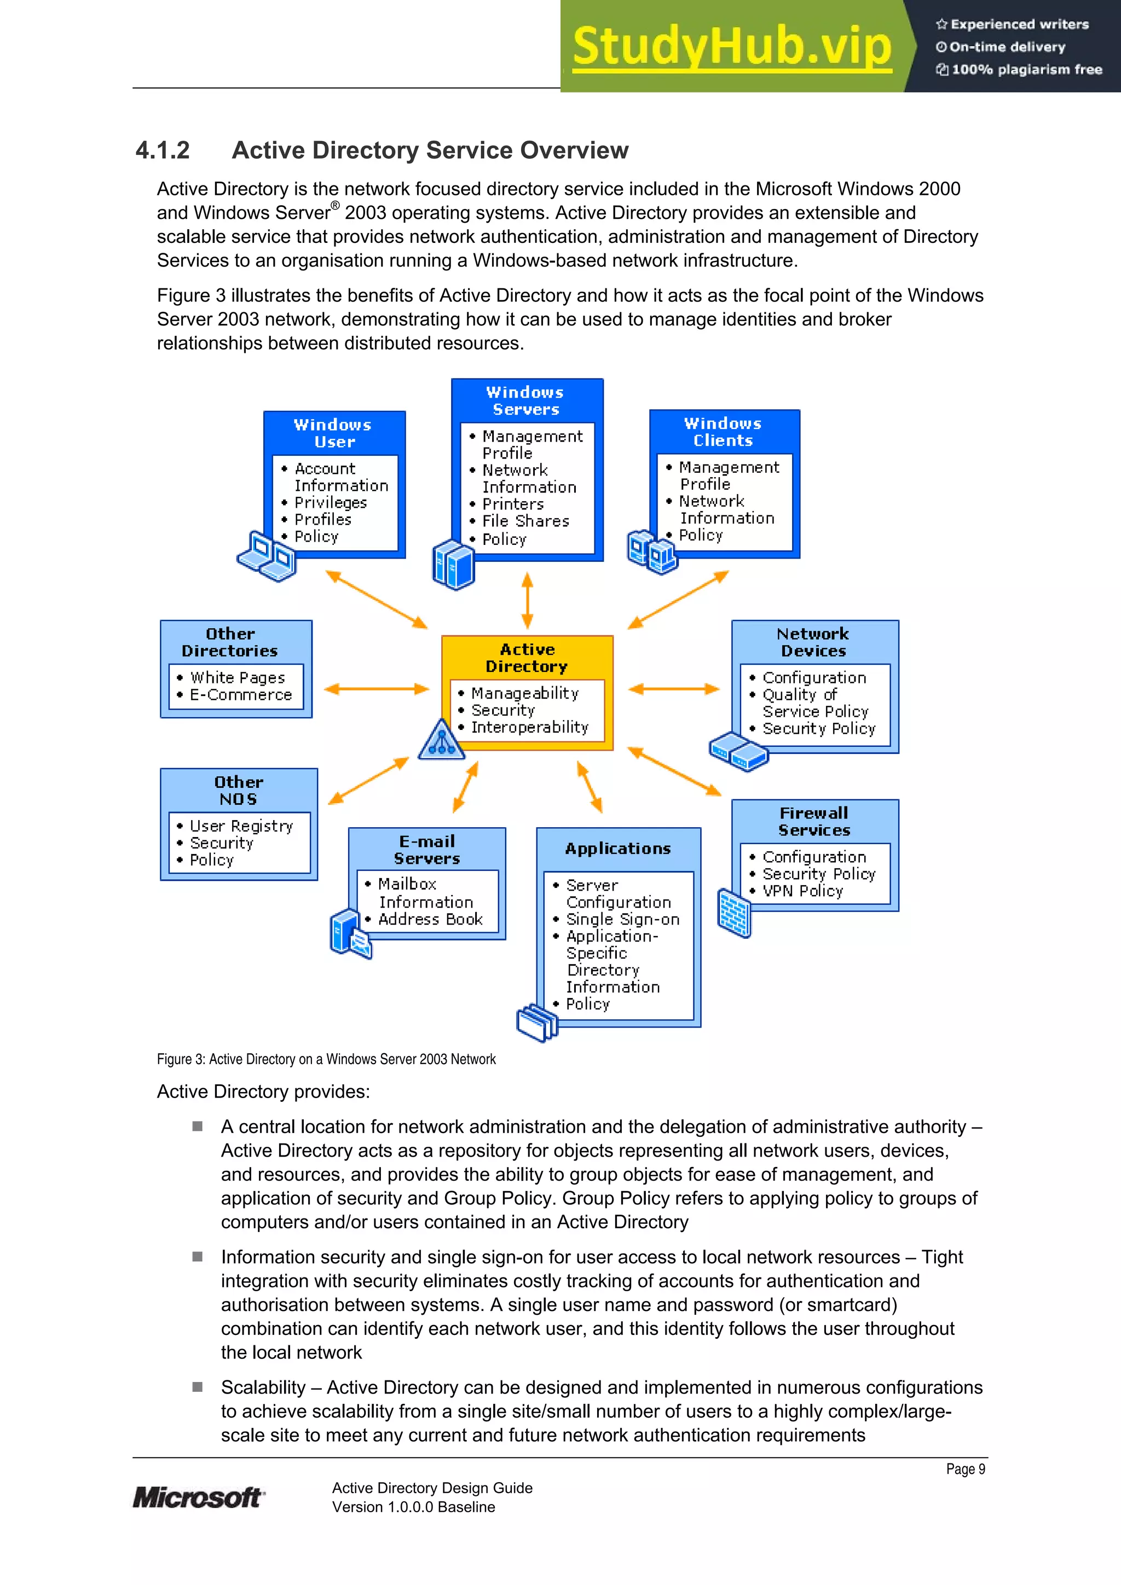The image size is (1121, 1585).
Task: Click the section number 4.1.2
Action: coord(163,150)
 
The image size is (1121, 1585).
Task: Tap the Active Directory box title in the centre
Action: coord(527,658)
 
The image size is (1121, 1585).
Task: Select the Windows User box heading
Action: coord(333,433)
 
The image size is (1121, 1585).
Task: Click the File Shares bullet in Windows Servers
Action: coord(525,521)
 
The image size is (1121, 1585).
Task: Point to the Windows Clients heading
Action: coord(723,432)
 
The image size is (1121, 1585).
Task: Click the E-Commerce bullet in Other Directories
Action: coord(240,695)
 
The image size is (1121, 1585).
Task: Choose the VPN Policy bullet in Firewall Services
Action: coord(802,891)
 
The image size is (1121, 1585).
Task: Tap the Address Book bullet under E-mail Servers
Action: coord(430,920)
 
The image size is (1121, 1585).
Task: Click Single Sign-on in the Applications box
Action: coord(622,920)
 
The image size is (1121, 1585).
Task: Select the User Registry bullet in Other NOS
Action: coord(241,826)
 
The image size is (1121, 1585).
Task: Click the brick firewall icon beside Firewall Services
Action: coord(733,913)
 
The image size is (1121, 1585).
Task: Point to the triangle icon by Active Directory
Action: coord(441,740)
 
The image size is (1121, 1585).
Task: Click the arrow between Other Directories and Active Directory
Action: coord(377,689)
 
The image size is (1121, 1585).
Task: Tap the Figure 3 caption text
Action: coord(326,1059)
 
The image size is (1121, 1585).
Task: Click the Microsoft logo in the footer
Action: coord(198,1497)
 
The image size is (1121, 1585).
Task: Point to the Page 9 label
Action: coord(965,1469)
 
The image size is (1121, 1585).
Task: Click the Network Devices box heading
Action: coord(813,642)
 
